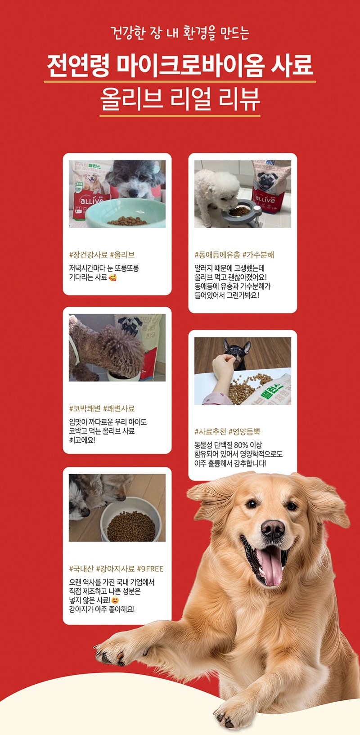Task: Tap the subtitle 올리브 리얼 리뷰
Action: point(180,99)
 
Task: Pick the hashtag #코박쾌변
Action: point(85,408)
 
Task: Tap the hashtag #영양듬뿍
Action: point(244,431)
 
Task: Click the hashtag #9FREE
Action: point(150,569)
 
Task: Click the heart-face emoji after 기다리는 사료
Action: point(112,278)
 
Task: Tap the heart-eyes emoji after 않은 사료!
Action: point(115,601)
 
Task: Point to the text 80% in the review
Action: point(241,445)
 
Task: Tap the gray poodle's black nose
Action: point(133,193)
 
